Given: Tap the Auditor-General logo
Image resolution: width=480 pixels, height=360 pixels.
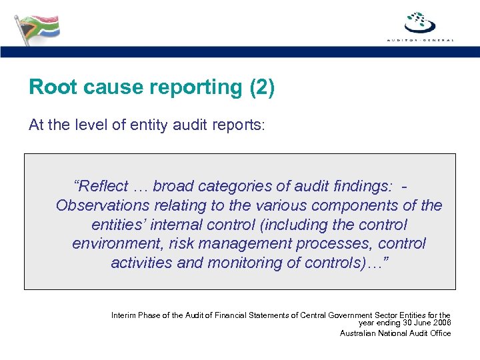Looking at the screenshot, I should tap(420, 27).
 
